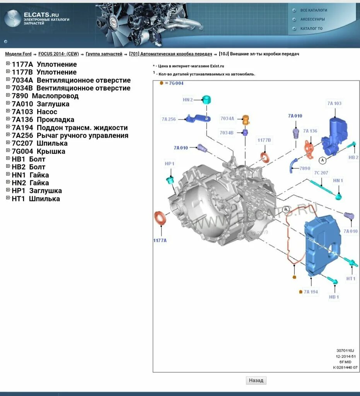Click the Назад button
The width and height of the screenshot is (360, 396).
(x=256, y=380)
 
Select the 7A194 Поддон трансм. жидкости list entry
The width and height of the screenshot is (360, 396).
(x=70, y=128)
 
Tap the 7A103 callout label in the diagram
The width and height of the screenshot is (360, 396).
(x=334, y=103)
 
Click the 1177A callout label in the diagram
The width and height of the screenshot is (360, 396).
(x=160, y=240)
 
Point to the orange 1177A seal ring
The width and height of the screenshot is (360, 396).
(x=160, y=218)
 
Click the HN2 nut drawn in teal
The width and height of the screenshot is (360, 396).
(x=207, y=99)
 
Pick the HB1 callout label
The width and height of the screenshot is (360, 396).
(x=334, y=297)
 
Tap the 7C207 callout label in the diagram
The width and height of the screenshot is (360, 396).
(x=321, y=172)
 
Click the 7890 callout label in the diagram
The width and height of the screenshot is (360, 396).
(x=305, y=168)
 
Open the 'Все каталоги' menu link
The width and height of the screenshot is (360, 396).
(x=314, y=10)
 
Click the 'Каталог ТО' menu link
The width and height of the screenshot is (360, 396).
(x=311, y=29)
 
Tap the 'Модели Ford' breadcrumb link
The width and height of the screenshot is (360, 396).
(x=18, y=54)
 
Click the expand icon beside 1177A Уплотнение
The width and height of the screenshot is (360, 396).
(x=8, y=64)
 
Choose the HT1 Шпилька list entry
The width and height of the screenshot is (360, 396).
(x=36, y=199)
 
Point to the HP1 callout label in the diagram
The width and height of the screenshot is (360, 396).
(x=169, y=164)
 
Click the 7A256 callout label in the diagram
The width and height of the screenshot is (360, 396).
(x=169, y=119)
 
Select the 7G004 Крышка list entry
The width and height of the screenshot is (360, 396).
(x=38, y=151)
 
